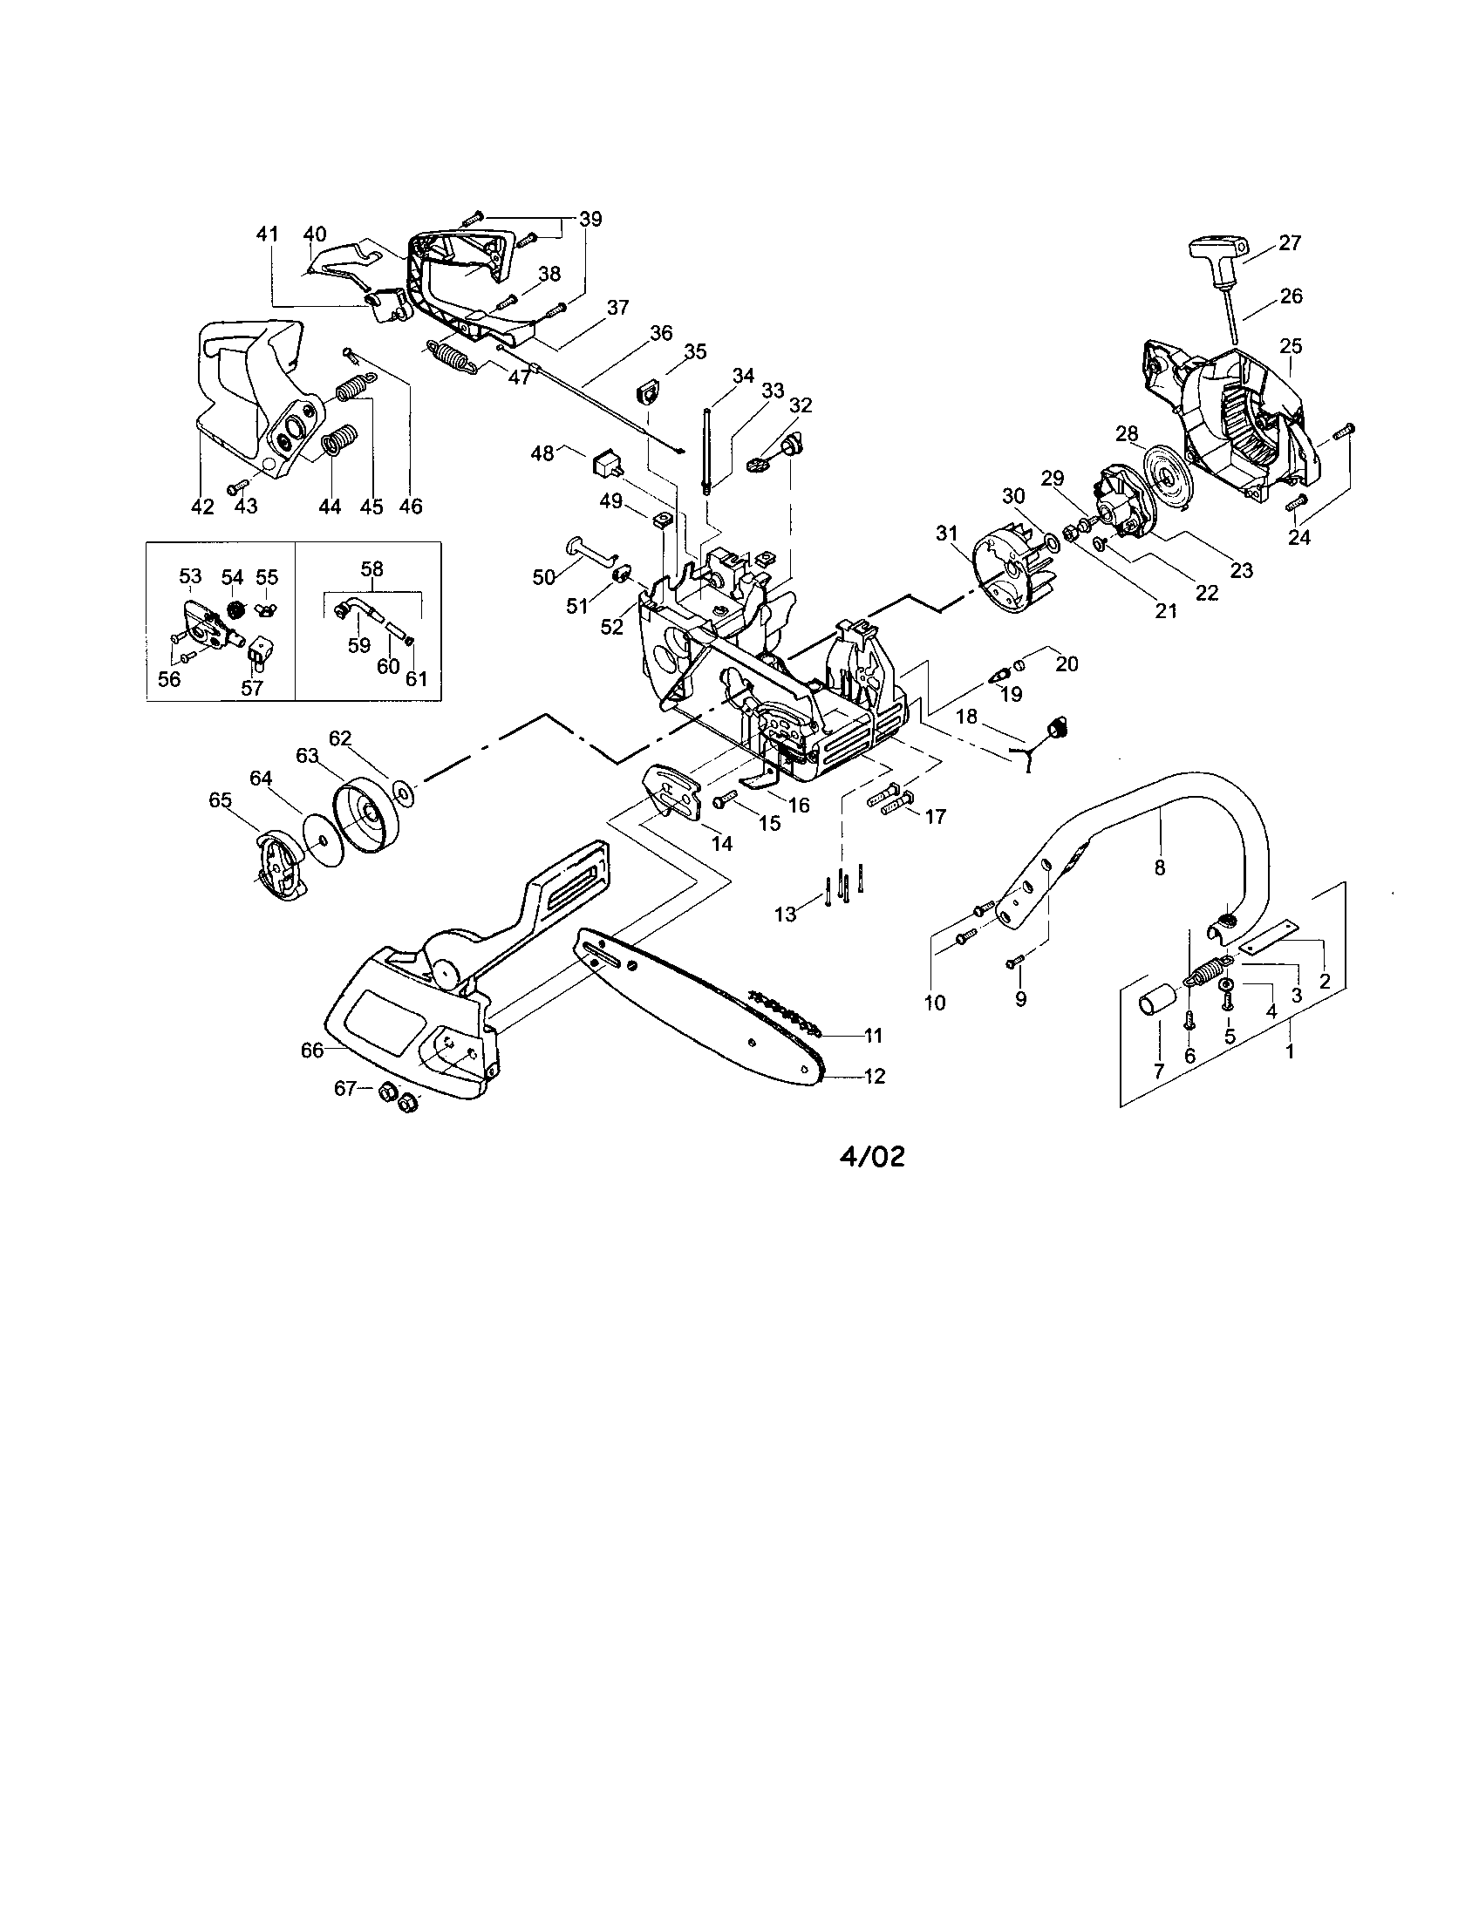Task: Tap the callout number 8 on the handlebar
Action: click(x=1159, y=867)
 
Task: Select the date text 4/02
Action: click(x=871, y=1158)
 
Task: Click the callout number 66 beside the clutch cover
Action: click(x=312, y=1051)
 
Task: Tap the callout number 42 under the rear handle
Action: click(x=202, y=507)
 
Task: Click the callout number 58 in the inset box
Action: click(x=372, y=568)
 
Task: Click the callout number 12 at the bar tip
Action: click(x=875, y=1075)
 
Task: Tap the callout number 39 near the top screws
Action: click(x=591, y=218)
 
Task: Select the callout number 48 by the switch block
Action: click(x=542, y=453)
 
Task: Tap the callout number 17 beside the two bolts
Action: click(x=936, y=817)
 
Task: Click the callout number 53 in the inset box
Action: click(x=191, y=576)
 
